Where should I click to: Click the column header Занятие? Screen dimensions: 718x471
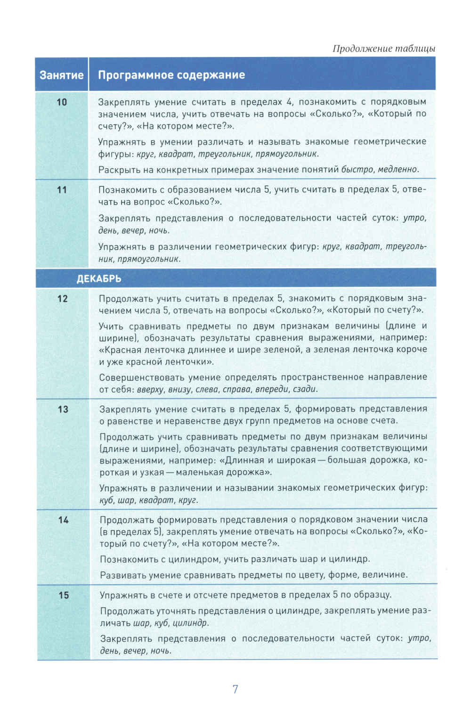click(x=61, y=75)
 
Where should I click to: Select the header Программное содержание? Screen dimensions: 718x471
click(x=171, y=75)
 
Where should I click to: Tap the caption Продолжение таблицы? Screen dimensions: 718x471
click(x=383, y=49)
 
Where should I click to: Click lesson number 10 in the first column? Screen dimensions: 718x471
click(x=62, y=102)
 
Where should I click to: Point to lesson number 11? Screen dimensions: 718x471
click(x=62, y=190)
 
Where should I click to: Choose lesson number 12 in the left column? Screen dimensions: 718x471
click(x=62, y=299)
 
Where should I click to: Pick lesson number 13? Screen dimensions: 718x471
click(x=63, y=409)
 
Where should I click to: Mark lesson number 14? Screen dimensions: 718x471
click(x=63, y=520)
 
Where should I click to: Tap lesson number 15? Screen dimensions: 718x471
click(x=64, y=596)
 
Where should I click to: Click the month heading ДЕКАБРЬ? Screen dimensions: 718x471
click(x=99, y=278)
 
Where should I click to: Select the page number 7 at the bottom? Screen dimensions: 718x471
click(x=235, y=689)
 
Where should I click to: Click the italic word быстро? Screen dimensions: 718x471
click(x=357, y=170)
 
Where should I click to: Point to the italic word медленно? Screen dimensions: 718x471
click(x=398, y=170)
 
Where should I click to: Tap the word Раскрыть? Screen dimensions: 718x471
click(x=116, y=170)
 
